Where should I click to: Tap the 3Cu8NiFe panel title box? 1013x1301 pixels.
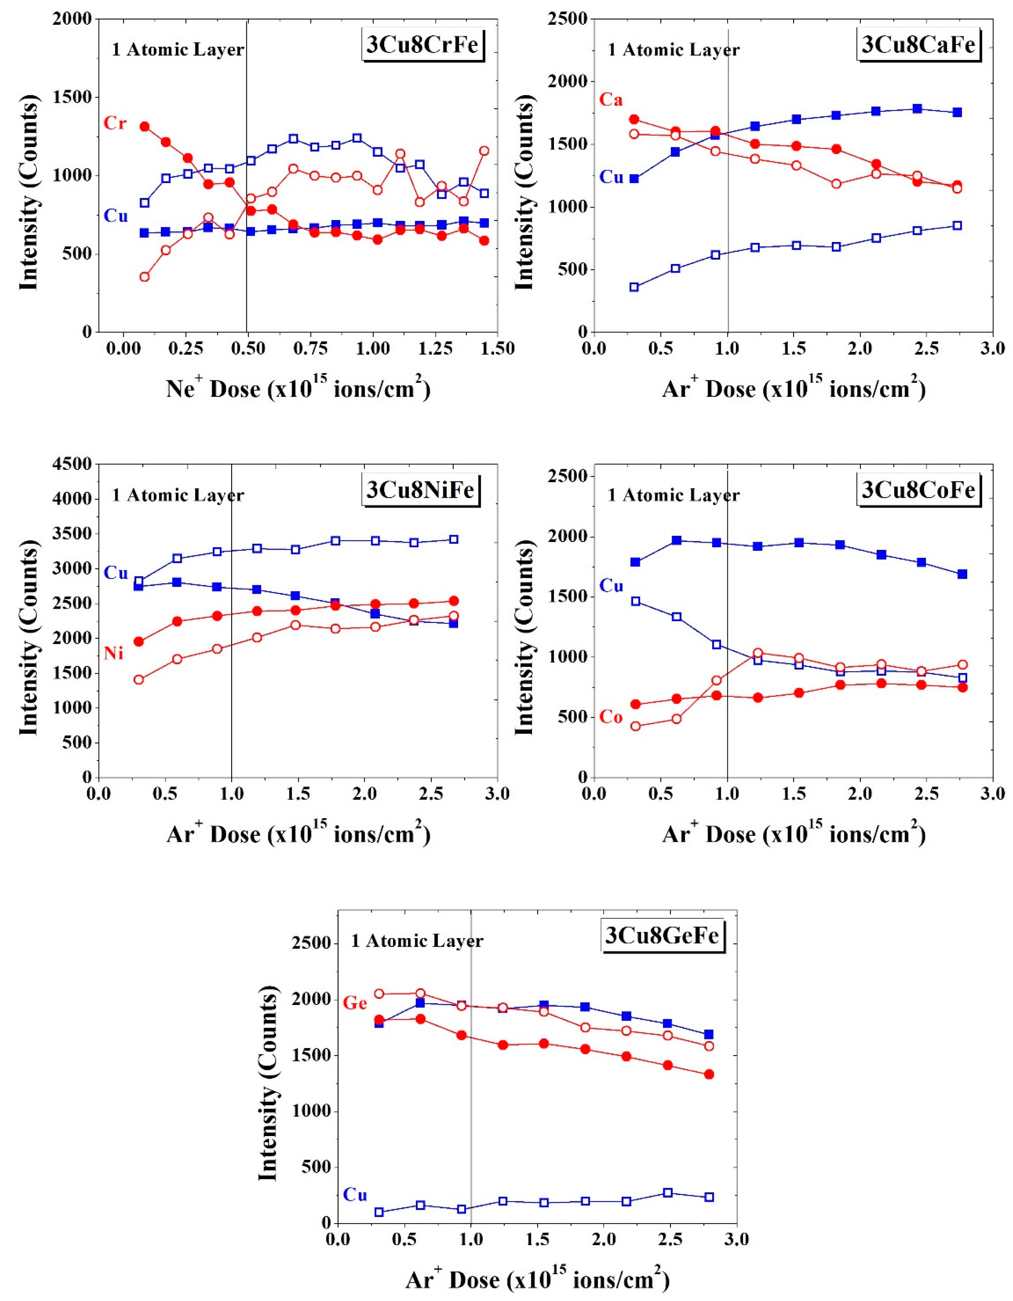(x=421, y=490)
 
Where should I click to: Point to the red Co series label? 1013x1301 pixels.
(x=611, y=717)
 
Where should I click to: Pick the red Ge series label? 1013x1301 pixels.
(x=355, y=1003)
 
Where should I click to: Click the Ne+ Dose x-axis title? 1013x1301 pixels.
(x=298, y=390)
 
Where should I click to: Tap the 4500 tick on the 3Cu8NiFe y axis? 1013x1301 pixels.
(x=76, y=464)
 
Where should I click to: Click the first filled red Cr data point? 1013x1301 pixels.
(x=144, y=126)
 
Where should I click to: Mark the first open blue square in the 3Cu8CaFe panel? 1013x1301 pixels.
(x=634, y=287)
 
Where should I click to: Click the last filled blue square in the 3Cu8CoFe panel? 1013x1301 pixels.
(x=962, y=574)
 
